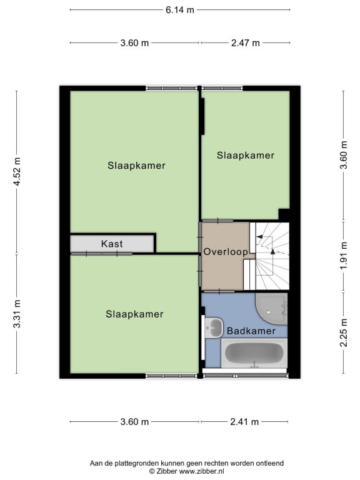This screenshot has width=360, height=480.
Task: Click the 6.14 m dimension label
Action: [180, 10]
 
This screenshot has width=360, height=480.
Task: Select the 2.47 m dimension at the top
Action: [245, 43]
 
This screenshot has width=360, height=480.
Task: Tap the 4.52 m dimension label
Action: [17, 171]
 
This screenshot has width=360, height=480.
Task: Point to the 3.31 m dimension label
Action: [17, 314]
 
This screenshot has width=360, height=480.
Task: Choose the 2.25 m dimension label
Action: [344, 332]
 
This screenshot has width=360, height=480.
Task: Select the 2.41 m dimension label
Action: [244, 422]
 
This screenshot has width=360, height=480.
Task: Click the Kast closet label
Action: [112, 244]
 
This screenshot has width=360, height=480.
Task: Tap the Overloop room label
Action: [226, 252]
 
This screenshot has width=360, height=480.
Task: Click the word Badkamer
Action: [251, 331]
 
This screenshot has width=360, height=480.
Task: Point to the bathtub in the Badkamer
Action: [254, 353]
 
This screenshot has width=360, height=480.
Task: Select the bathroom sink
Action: [214, 327]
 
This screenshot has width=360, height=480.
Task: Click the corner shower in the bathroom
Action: [271, 309]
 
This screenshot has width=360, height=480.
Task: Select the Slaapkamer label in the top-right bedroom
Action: [246, 156]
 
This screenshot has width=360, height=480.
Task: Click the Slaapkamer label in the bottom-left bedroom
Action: [135, 314]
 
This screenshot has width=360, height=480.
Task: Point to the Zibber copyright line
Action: [186, 471]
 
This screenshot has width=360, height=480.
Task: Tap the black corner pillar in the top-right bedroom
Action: [284, 214]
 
